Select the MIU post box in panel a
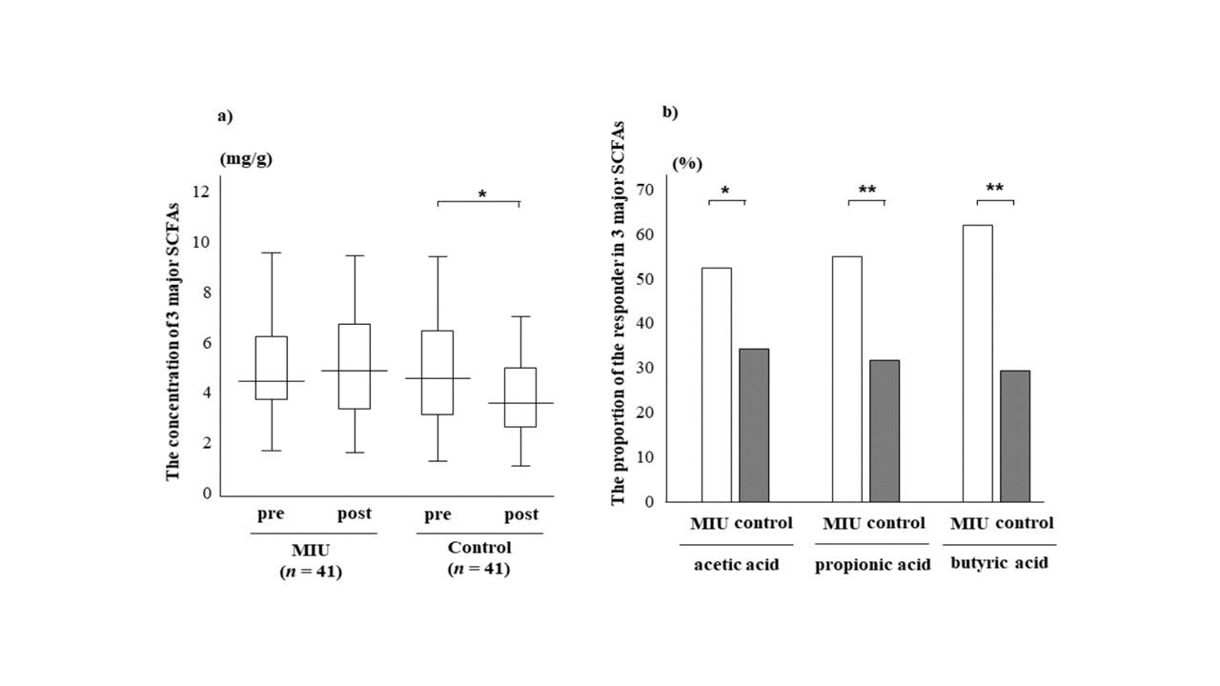click(355, 366)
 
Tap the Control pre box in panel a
click(437, 373)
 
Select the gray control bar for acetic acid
click(754, 425)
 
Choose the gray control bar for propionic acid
click(884, 431)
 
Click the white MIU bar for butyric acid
click(978, 363)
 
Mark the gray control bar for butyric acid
click(1015, 435)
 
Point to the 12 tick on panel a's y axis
click(201, 192)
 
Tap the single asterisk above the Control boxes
click(482, 195)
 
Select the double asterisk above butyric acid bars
click(995, 189)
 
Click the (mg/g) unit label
click(246, 159)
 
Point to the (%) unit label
click(687, 163)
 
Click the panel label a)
click(225, 116)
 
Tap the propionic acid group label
click(872, 564)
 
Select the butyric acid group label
click(1000, 563)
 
